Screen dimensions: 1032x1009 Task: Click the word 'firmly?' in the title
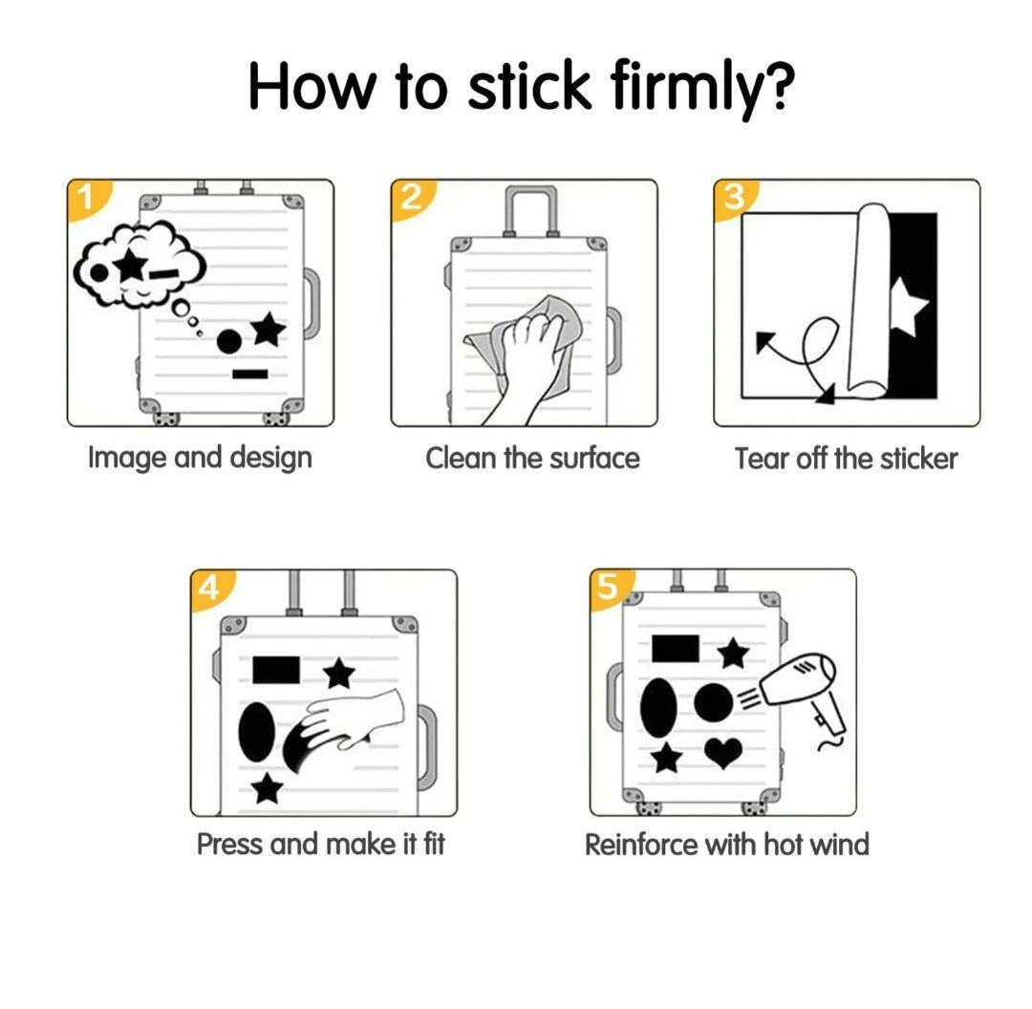[701, 87]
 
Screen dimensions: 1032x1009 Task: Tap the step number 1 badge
[86, 197]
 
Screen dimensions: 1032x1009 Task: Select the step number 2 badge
[410, 197]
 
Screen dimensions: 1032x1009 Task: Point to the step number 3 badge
[733, 197]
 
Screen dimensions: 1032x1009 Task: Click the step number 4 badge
[209, 587]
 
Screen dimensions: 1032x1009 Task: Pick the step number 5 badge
[609, 587]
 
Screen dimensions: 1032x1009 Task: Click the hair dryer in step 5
[802, 697]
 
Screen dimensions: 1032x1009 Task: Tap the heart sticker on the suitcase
[722, 752]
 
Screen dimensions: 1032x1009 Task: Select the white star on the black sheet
[909, 305]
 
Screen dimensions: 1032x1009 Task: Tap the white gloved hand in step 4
[356, 719]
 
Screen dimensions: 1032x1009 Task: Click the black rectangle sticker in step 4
[276, 670]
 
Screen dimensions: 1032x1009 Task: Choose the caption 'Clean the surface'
[532, 459]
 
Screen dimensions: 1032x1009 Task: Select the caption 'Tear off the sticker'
[847, 459]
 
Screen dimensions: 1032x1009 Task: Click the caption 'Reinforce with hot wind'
[727, 845]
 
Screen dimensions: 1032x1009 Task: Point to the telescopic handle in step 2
[530, 210]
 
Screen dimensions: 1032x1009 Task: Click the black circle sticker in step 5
[714, 702]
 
